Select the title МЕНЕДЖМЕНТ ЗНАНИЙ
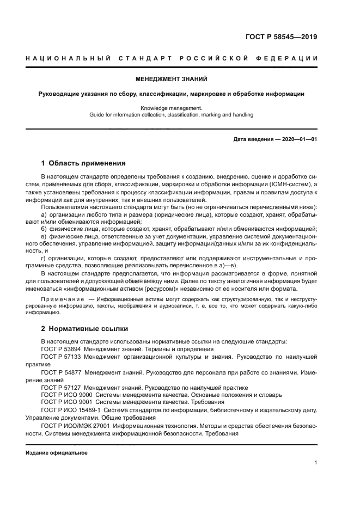click(172, 79)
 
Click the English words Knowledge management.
click(172, 108)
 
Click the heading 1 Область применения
click(84, 163)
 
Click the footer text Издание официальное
click(57, 453)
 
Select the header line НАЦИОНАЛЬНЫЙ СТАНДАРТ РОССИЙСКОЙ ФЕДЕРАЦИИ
click(172, 58)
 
